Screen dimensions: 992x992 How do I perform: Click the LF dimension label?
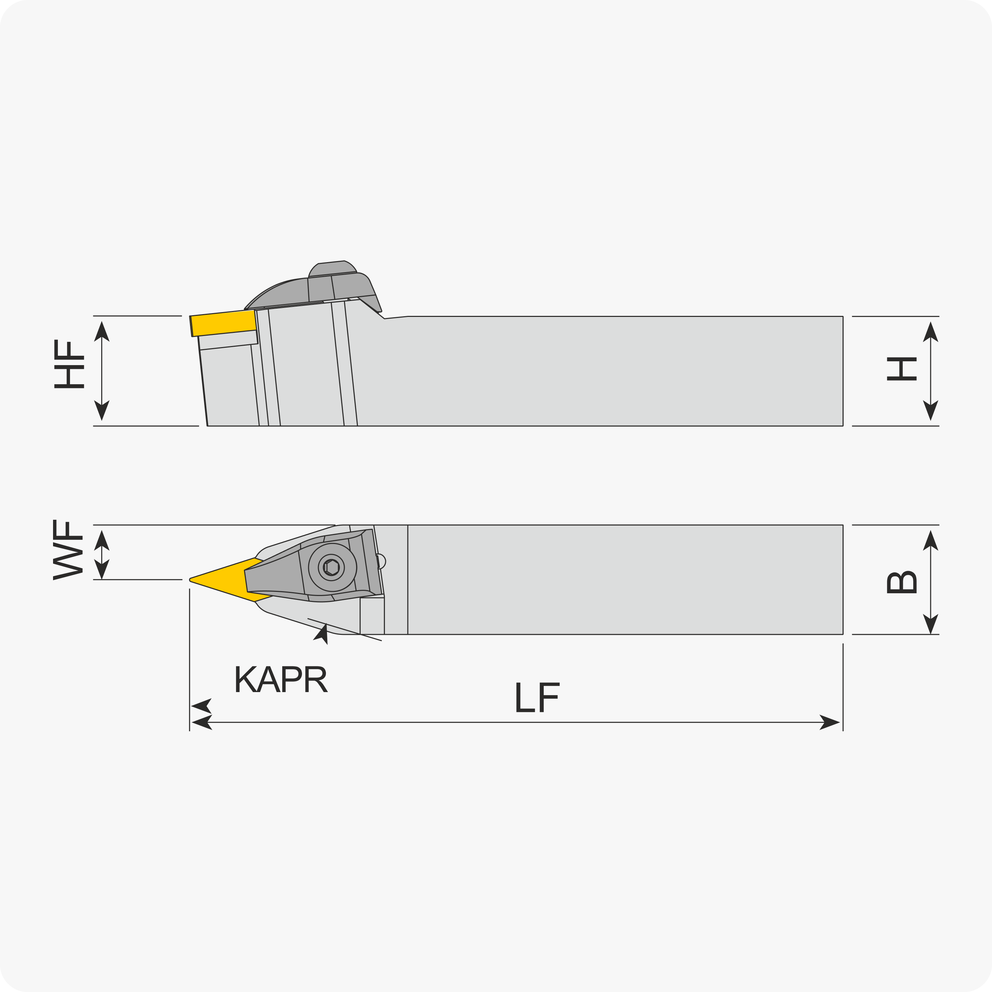537,697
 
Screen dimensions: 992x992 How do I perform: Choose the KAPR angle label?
281,679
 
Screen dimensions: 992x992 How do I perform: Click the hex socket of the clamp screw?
332,567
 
